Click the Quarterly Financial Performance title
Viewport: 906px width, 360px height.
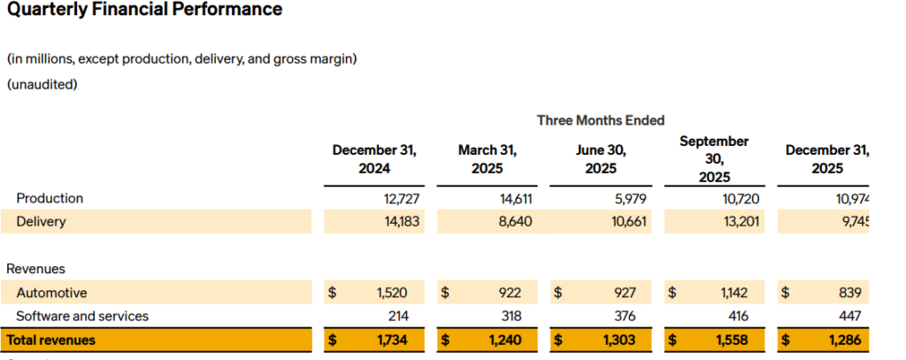[144, 11]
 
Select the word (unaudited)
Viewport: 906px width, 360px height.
[42, 85]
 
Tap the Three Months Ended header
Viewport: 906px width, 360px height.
[600, 120]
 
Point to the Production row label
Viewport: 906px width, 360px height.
[50, 198]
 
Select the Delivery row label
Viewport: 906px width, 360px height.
[41, 221]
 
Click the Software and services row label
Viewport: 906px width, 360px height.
[82, 316]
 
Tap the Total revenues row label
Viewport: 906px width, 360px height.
[50, 340]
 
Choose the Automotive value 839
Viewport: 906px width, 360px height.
[847, 293]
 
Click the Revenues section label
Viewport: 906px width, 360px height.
[35, 268]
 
